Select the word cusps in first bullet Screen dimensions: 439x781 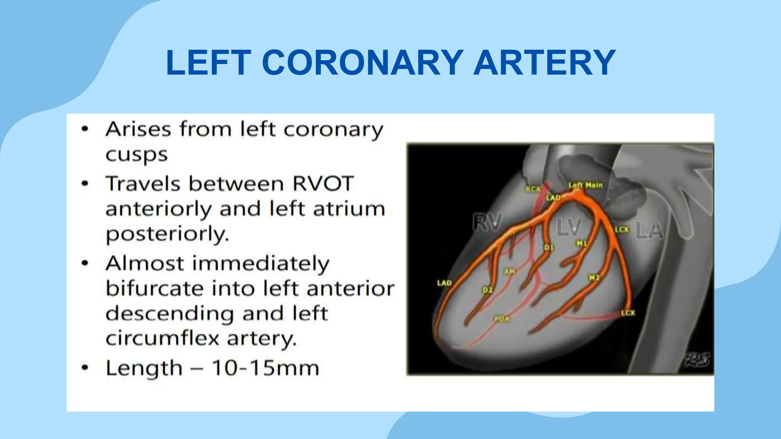[137, 155]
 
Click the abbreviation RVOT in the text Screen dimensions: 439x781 [323, 184]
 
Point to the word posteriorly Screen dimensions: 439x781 [167, 234]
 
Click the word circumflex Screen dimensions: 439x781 [162, 338]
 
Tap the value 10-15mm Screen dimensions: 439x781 [265, 368]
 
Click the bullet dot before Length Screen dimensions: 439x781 [85, 368]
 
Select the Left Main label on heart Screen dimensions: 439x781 [585, 185]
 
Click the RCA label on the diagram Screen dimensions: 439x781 [533, 189]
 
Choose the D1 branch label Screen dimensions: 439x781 [548, 248]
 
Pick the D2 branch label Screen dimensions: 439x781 [487, 290]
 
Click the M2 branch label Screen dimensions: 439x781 [594, 278]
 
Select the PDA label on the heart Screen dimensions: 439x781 [502, 319]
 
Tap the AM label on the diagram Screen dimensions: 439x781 [509, 271]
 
